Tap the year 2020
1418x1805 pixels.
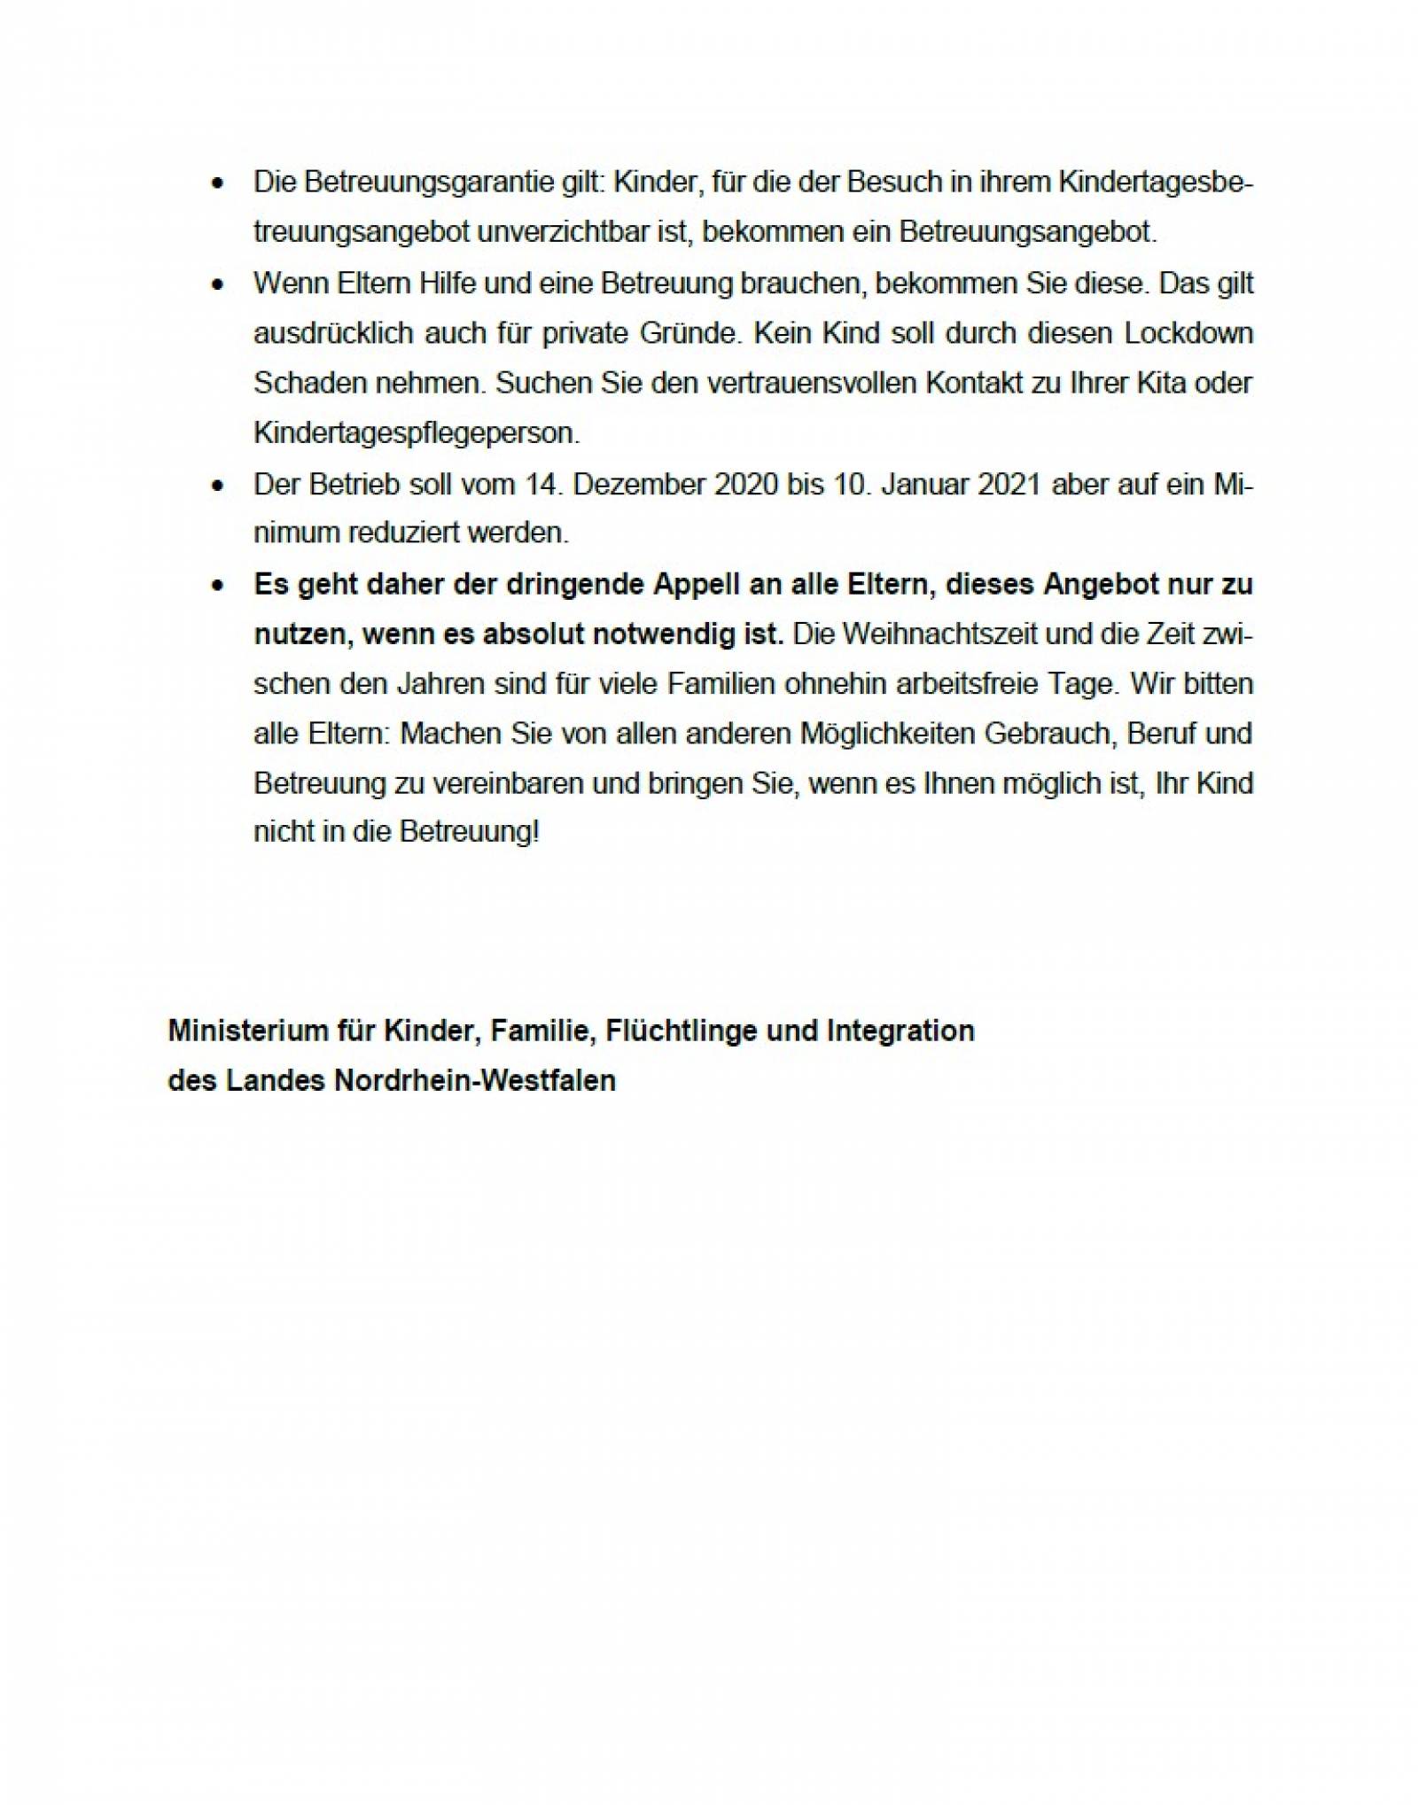pos(747,485)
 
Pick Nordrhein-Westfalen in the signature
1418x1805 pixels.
pos(474,1081)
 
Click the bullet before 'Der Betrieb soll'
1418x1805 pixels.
pos(217,486)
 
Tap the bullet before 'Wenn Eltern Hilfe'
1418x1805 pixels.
pos(217,285)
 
